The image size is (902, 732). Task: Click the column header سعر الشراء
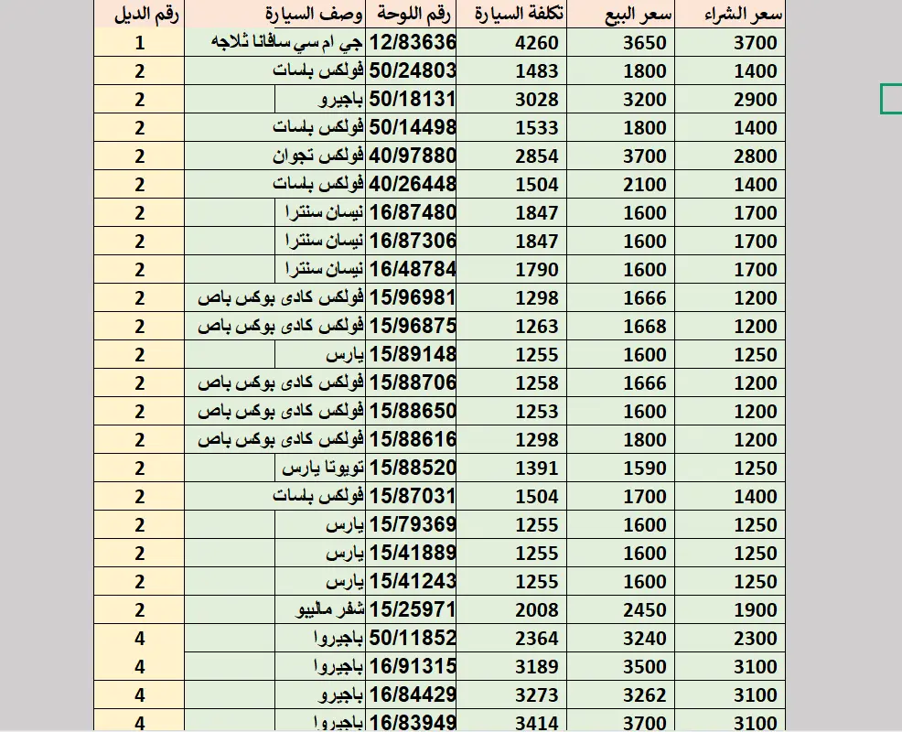pyautogui.click(x=742, y=14)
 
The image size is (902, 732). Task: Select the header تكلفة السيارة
pyautogui.click(x=520, y=14)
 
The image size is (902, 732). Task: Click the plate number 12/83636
pyautogui.click(x=412, y=42)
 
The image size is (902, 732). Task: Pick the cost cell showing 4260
pyautogui.click(x=537, y=42)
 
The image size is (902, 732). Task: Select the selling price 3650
pyautogui.click(x=645, y=42)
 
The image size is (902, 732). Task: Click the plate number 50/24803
pyautogui.click(x=412, y=70)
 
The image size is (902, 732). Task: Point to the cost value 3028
pyautogui.click(x=537, y=99)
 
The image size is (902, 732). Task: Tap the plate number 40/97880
pyautogui.click(x=412, y=156)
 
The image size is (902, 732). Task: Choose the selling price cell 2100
pyautogui.click(x=645, y=184)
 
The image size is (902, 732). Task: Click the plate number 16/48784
pyautogui.click(x=412, y=269)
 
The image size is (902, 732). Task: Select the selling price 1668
pyautogui.click(x=645, y=326)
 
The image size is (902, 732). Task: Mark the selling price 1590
pyautogui.click(x=645, y=468)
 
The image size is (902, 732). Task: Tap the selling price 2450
pyautogui.click(x=645, y=609)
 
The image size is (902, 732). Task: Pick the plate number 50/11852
pyautogui.click(x=412, y=638)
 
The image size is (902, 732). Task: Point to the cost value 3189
pyautogui.click(x=537, y=666)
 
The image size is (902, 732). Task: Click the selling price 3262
pyautogui.click(x=645, y=694)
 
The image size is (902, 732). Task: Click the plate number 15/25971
pyautogui.click(x=412, y=609)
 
